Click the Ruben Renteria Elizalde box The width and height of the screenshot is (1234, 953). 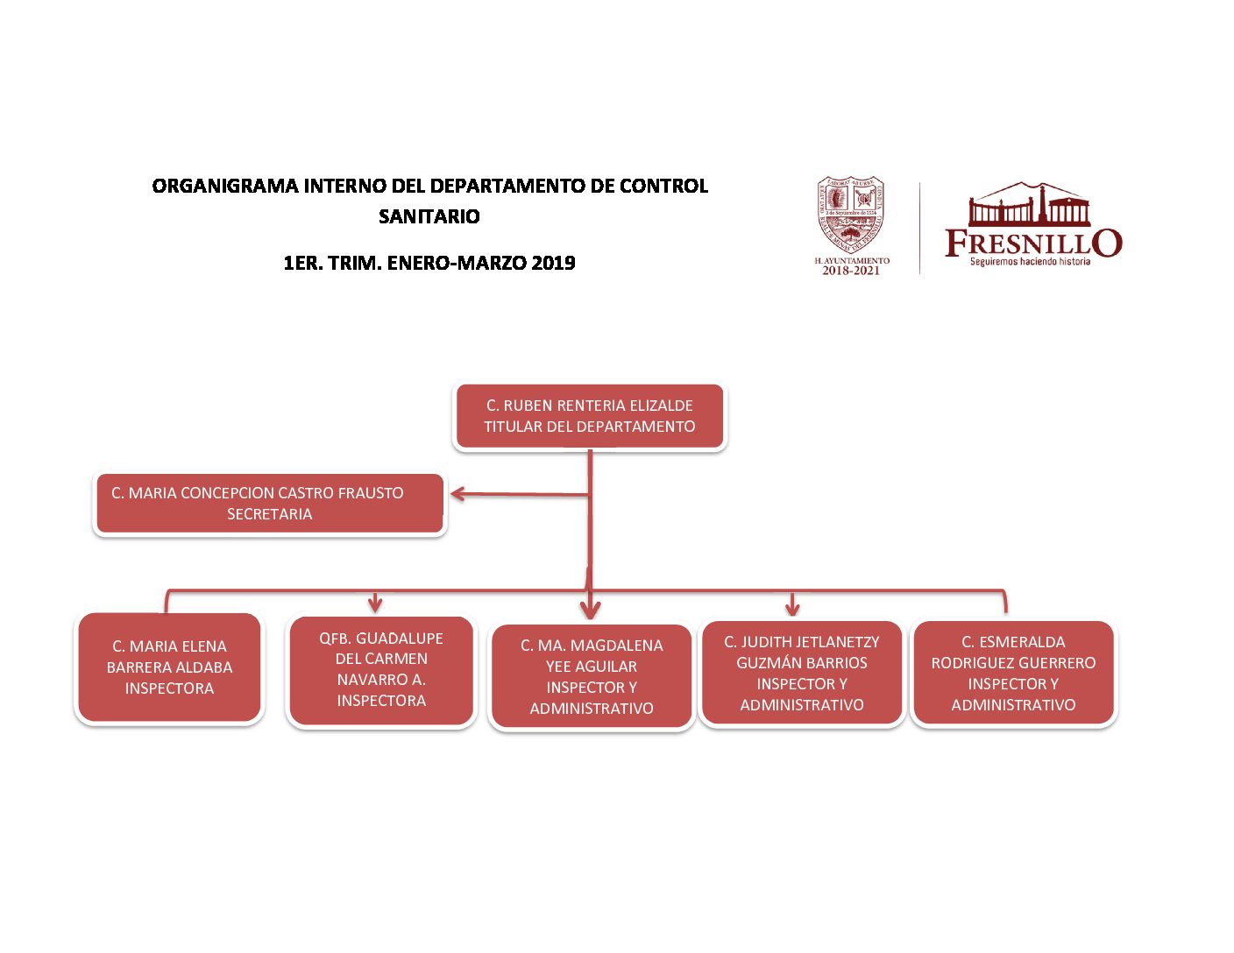pos(590,416)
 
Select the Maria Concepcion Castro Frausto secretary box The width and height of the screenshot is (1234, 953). pos(269,504)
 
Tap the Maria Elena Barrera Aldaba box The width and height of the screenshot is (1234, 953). pos(169,667)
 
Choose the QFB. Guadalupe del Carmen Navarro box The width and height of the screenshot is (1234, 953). pos(381,670)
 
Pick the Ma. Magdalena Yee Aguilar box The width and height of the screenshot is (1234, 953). pos(592,676)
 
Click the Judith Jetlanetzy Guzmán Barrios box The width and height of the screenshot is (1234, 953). pos(802,673)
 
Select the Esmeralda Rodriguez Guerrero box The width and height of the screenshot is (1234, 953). pos(1013,673)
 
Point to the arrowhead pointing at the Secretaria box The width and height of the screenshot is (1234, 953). pos(457,494)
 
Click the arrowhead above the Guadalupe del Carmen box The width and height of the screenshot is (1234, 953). pos(375,604)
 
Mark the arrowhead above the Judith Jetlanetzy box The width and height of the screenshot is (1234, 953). pos(792,606)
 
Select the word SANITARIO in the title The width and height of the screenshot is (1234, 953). pos(429,216)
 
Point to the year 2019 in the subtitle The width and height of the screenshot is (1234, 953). pos(553,263)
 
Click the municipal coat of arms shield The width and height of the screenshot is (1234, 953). pos(850,215)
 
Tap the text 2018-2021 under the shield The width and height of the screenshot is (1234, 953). pos(851,271)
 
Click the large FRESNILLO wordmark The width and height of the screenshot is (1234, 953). pos(1032,243)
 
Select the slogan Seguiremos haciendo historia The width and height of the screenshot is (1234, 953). pos(1030,261)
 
